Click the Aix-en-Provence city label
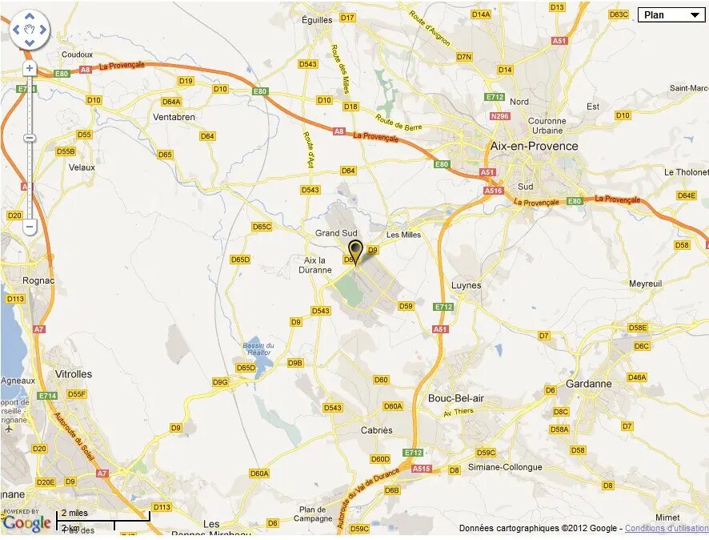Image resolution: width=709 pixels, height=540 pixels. tap(534, 146)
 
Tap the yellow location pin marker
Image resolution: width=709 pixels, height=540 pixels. tap(355, 249)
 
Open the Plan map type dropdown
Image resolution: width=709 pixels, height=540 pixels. tap(671, 14)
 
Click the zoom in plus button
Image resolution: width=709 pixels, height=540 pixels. tap(30, 69)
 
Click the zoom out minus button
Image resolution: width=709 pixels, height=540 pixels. tap(30, 227)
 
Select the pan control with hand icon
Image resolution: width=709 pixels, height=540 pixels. tap(30, 30)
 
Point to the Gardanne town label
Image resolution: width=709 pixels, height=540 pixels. tap(588, 384)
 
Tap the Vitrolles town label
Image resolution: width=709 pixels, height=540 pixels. tap(74, 374)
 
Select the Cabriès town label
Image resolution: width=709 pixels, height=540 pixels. tap(377, 430)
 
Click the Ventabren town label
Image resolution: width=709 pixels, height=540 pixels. tap(174, 117)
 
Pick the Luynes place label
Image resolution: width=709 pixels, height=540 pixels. tap(467, 285)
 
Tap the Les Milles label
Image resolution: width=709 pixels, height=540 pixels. tap(403, 235)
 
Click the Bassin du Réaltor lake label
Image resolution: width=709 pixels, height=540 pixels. tap(258, 349)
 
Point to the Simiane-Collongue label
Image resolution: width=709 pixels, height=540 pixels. tap(506, 467)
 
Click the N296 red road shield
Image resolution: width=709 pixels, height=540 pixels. tap(500, 116)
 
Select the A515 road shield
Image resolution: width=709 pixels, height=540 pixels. tap(422, 469)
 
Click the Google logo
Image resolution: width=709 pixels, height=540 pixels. tap(26, 523)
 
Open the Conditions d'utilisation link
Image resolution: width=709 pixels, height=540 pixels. tap(666, 529)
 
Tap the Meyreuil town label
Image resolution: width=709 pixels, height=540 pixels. tap(646, 284)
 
